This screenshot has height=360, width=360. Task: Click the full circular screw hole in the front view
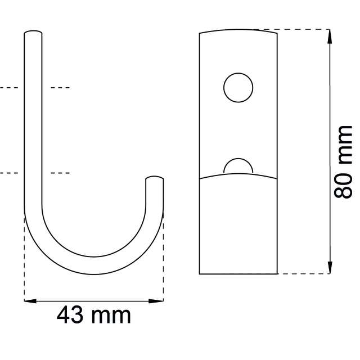(x=238, y=88)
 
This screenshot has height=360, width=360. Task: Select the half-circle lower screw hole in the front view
(x=238, y=166)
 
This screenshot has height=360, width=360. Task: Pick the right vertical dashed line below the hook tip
(x=163, y=259)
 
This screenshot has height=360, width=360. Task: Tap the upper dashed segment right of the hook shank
(x=60, y=88)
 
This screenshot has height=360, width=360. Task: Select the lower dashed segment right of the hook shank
(x=60, y=173)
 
